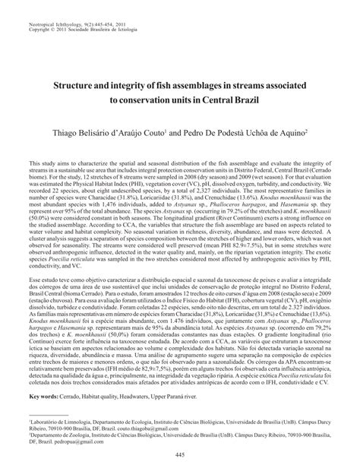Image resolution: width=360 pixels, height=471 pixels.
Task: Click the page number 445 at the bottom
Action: pyautogui.click(x=180, y=454)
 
